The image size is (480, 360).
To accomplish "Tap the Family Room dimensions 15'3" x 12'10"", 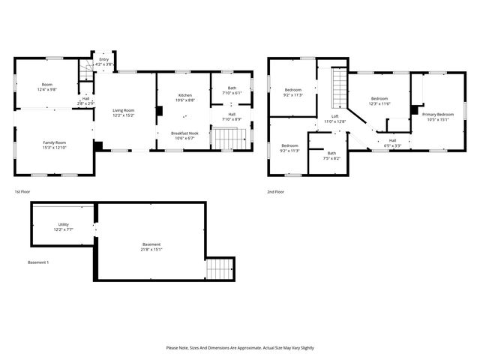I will tap(54, 148).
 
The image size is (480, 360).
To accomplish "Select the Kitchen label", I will tap(184, 95).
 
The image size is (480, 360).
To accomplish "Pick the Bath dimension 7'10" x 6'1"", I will tap(232, 93).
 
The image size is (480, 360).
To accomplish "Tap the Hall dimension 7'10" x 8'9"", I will tap(232, 119).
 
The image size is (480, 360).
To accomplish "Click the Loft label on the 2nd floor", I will tap(337, 116).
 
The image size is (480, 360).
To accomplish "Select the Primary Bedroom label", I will tap(437, 114).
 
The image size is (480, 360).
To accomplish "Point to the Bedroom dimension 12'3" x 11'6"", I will tap(379, 103).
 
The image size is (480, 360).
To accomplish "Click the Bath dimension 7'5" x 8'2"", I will tap(331, 158).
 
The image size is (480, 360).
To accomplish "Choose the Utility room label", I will tap(64, 224).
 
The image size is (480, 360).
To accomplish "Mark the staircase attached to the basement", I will tap(220, 268).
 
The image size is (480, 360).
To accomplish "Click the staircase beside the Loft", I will tap(339, 88).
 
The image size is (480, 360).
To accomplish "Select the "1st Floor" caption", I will tap(22, 191).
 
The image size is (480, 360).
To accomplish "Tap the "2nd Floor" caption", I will tap(275, 191).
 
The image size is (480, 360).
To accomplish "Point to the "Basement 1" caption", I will tap(38, 262).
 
